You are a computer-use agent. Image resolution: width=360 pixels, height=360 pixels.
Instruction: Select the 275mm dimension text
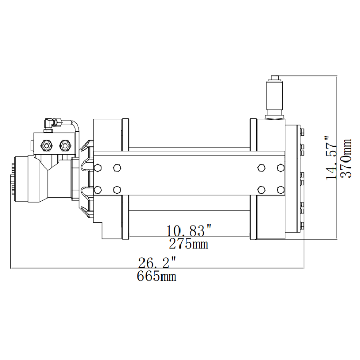tap(189, 244)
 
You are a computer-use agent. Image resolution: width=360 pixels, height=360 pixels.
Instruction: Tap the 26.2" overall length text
tap(157, 263)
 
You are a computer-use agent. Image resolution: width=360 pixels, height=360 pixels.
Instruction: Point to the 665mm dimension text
tap(157, 277)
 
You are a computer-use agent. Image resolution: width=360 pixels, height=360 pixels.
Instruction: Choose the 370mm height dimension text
tap(347, 158)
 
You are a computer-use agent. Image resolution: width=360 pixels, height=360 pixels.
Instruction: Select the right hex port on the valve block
tap(65, 145)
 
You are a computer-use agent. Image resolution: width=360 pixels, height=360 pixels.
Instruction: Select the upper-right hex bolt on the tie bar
tap(280, 168)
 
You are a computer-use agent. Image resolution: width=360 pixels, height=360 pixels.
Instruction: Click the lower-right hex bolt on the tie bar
tap(280, 189)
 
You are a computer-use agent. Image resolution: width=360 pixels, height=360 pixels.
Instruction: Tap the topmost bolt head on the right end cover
tap(302, 132)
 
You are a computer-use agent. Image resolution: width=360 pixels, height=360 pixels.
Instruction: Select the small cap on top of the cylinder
tap(274, 78)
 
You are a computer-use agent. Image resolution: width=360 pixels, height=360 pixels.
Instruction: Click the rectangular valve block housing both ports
tap(56, 144)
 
